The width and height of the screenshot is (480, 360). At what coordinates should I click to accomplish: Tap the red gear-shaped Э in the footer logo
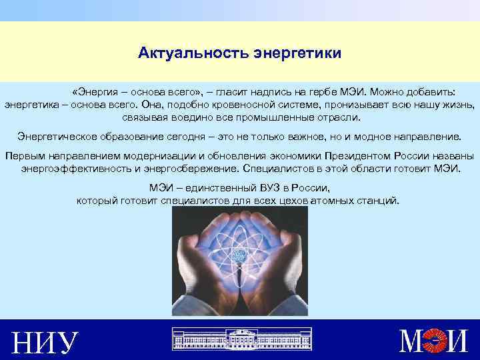(x=436, y=341)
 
